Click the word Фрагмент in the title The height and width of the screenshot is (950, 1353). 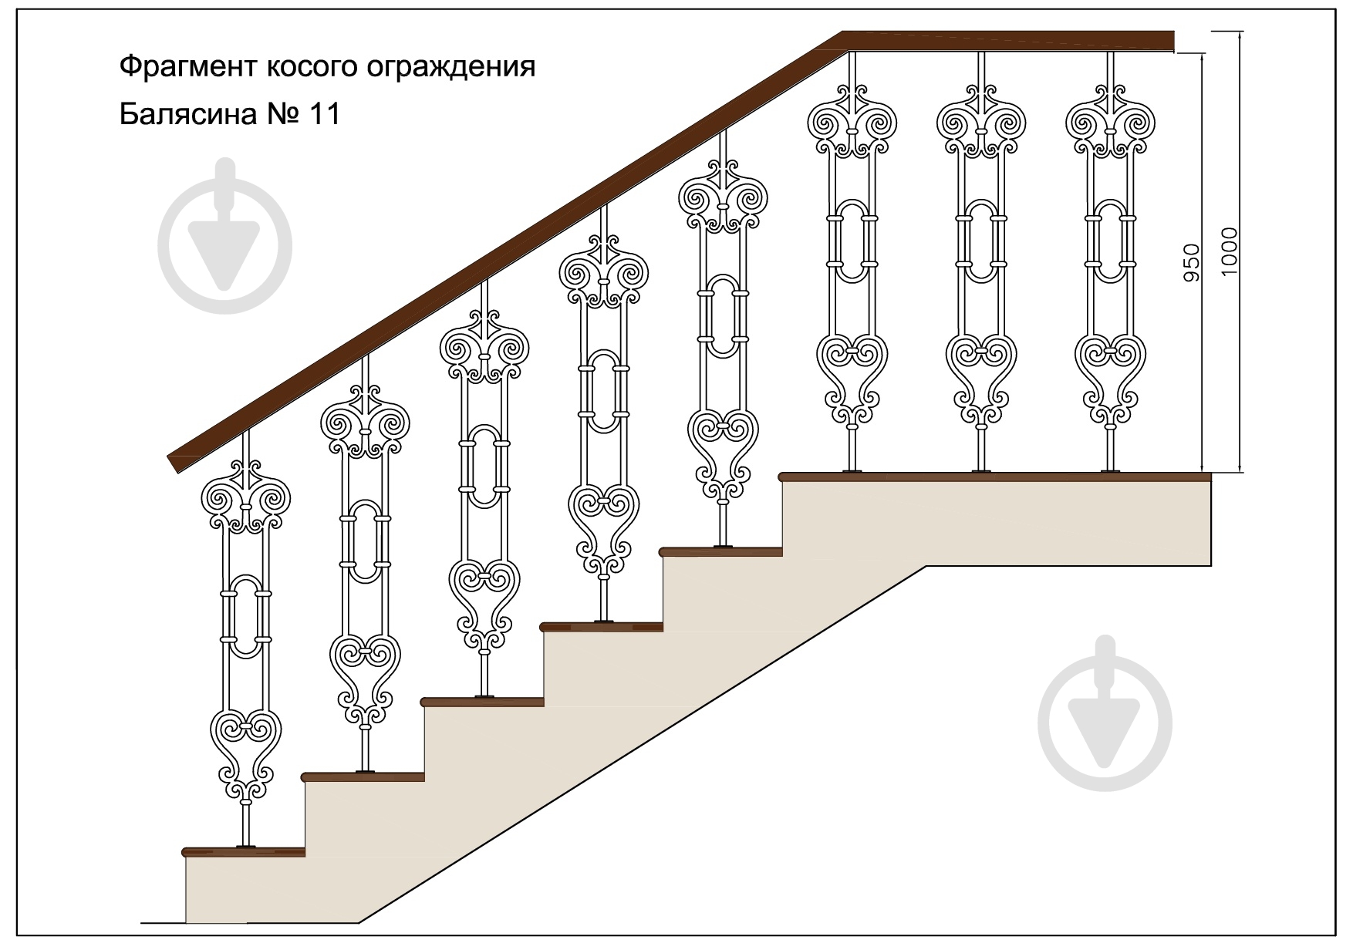click(188, 67)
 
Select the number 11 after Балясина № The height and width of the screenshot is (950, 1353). click(324, 115)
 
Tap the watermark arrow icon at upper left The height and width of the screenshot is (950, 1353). click(224, 237)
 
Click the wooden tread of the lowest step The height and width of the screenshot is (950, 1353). click(244, 852)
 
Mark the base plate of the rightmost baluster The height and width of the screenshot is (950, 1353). click(1110, 470)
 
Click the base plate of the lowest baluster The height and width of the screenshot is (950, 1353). click(246, 846)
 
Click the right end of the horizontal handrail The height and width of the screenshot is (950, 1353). click(1172, 41)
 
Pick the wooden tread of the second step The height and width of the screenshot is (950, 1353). click(364, 777)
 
